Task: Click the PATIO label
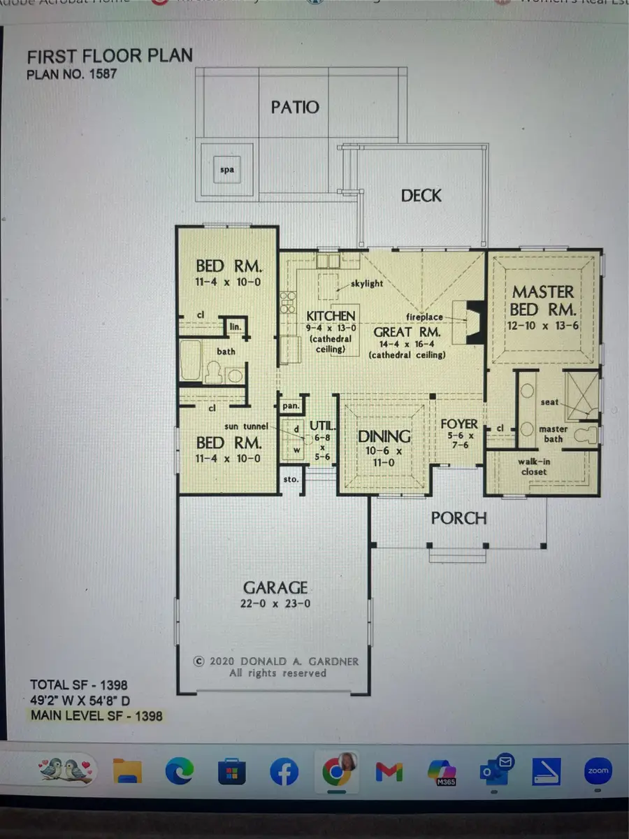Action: (294, 107)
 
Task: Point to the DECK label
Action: (421, 195)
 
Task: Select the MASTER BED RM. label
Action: (544, 300)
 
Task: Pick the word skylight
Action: (366, 283)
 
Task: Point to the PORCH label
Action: (458, 518)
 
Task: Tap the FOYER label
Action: (459, 424)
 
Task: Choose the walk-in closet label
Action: (533, 467)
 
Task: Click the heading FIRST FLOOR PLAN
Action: (109, 56)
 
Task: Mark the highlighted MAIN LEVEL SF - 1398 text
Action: (96, 715)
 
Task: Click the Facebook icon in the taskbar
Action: (284, 771)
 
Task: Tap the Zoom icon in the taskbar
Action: (598, 771)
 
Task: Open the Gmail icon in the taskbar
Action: (389, 771)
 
